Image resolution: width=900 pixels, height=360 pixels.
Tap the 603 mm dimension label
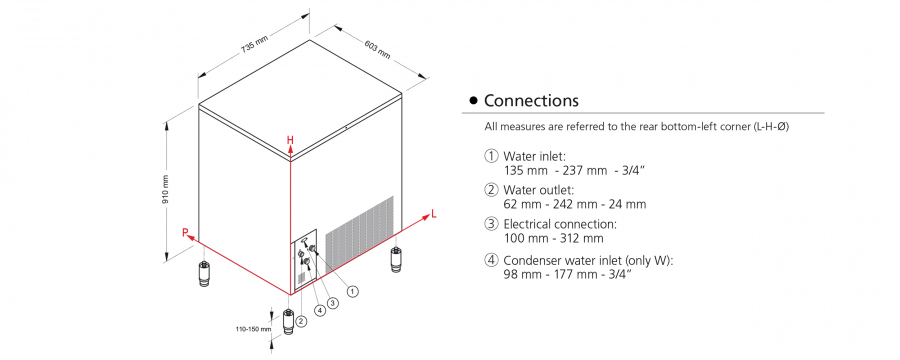[377, 49]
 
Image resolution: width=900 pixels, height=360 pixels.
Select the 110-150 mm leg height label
[253, 330]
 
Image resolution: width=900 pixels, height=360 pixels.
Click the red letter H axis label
[290, 140]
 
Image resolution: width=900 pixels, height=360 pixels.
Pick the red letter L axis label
[434, 215]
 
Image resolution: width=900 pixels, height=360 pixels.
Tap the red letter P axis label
[185, 233]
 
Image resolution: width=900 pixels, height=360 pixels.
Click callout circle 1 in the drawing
[353, 292]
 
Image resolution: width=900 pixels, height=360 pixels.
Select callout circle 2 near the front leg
[302, 322]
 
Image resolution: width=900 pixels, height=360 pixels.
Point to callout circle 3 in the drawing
[332, 303]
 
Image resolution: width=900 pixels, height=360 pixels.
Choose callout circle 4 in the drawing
[320, 310]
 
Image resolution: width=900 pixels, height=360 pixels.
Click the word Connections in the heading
[532, 101]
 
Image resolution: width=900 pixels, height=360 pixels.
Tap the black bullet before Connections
[473, 101]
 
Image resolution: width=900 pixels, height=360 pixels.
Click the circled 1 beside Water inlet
[491, 156]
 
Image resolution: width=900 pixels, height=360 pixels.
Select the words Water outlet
[539, 190]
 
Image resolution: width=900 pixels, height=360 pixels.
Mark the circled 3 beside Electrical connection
[491, 224]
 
